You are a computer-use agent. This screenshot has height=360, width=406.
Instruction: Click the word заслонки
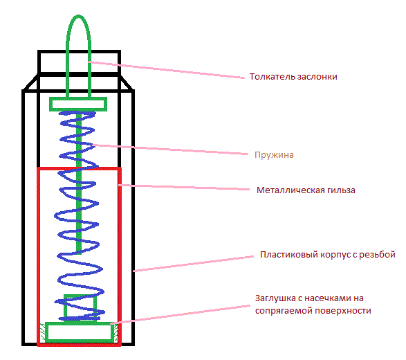(317, 77)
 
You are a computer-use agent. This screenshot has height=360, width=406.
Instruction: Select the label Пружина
(274, 155)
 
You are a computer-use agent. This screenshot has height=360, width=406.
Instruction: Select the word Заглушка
(275, 298)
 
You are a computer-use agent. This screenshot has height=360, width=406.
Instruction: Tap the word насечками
(329, 298)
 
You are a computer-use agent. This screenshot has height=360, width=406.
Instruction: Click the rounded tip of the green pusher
(78, 16)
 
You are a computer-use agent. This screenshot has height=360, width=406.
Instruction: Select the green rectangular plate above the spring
(78, 98)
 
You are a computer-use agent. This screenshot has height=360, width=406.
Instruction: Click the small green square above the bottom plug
(80, 295)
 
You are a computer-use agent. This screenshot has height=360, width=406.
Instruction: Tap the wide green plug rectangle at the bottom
(80, 323)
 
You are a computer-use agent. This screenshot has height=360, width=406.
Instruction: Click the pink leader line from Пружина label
(170, 150)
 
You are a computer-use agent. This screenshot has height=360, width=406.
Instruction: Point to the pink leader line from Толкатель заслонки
(166, 69)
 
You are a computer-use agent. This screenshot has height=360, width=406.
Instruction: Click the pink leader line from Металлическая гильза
(184, 187)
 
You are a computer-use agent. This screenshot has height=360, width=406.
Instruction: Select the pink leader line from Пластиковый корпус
(194, 264)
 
